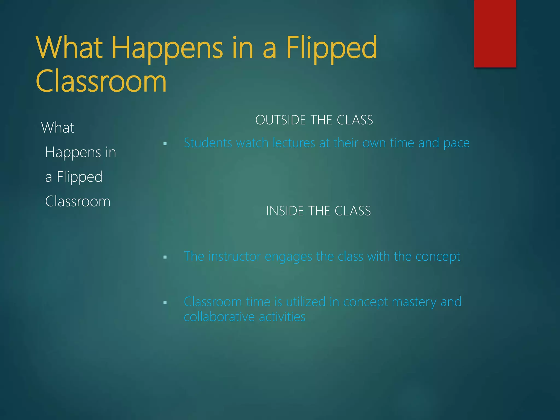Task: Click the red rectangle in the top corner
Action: pyautogui.click(x=495, y=33)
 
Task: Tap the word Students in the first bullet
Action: pyautogui.click(x=208, y=143)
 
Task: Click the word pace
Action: pyautogui.click(x=456, y=143)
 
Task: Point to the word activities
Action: pyautogui.click(x=282, y=317)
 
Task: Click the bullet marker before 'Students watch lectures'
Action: pyautogui.click(x=165, y=144)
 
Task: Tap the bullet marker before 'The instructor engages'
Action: pyautogui.click(x=165, y=257)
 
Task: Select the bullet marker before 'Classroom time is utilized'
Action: pyautogui.click(x=165, y=302)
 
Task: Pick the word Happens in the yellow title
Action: pyautogui.click(x=167, y=49)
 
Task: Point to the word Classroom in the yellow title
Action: pyautogui.click(x=101, y=81)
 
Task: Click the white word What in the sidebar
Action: pyautogui.click(x=58, y=127)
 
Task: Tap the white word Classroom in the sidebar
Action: pyautogui.click(x=78, y=202)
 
